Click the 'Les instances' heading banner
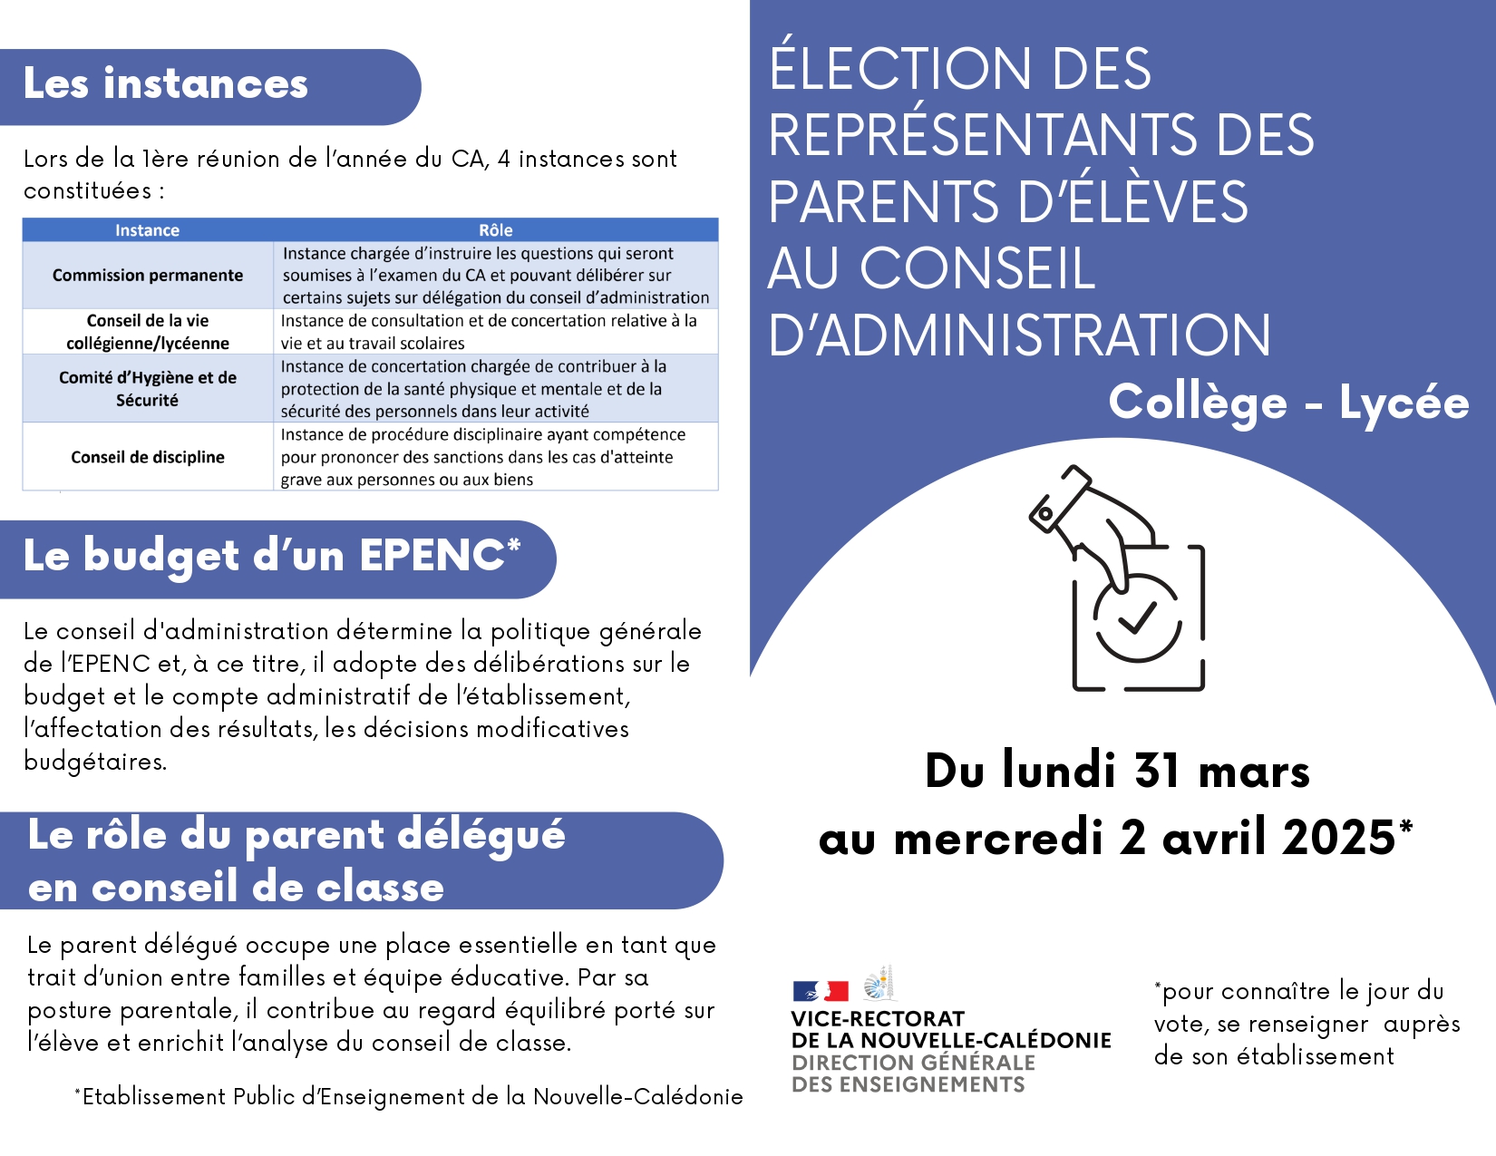tap(166, 84)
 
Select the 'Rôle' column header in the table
tap(495, 230)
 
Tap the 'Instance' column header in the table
tap(147, 230)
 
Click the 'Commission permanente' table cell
tap(148, 275)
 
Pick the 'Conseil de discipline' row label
tap(148, 457)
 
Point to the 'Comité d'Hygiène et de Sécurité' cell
tap(148, 388)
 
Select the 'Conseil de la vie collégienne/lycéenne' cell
tap(148, 332)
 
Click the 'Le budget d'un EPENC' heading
tap(271, 556)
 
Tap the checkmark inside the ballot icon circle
tap(1136, 617)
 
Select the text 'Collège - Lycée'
tap(1287, 403)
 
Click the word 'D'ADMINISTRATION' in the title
tap(1019, 335)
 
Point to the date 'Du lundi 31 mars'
tap(1117, 772)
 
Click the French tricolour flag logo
tap(821, 991)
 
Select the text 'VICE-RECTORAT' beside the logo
tap(878, 1019)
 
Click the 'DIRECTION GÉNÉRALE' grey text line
tap(913, 1063)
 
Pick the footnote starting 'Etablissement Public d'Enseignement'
tap(410, 1097)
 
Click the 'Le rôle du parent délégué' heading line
tap(296, 835)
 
